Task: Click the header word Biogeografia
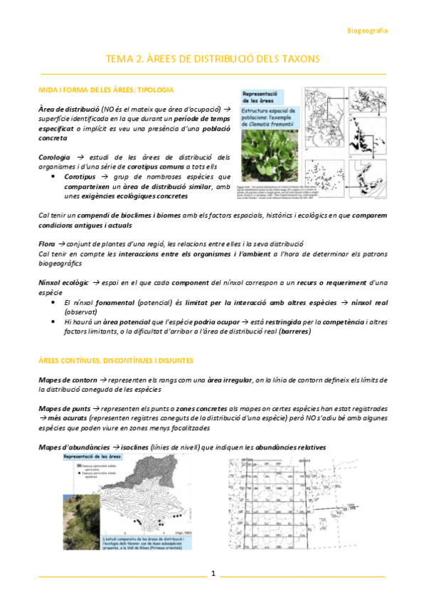coord(367,31)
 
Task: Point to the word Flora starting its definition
coord(47,243)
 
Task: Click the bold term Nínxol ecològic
coord(63,283)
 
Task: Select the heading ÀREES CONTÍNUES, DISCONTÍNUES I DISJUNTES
coord(116,361)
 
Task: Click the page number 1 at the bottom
coord(212,573)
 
